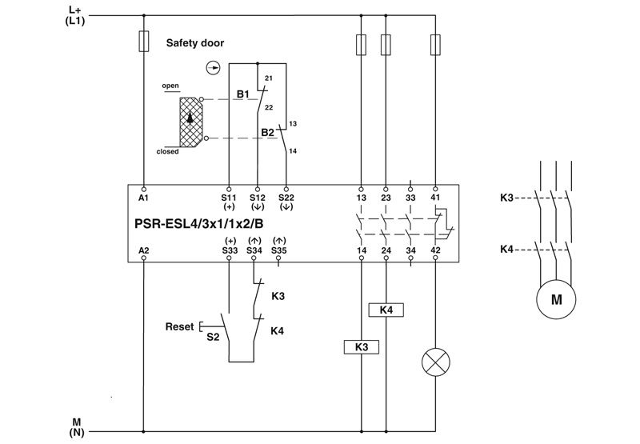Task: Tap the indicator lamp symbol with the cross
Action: pos(436,364)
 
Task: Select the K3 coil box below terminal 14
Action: pos(361,346)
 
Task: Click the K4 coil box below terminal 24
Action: pos(386,310)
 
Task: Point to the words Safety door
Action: pos(195,42)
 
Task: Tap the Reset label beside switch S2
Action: pos(179,326)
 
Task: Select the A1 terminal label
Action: pos(144,196)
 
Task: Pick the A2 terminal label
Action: pos(144,251)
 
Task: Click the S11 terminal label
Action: pos(230,196)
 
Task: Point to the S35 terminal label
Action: pos(279,251)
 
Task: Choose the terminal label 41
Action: pos(435,196)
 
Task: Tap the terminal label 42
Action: pos(435,251)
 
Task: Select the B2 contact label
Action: pos(267,131)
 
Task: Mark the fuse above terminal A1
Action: pos(144,41)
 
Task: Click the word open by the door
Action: pos(170,85)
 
